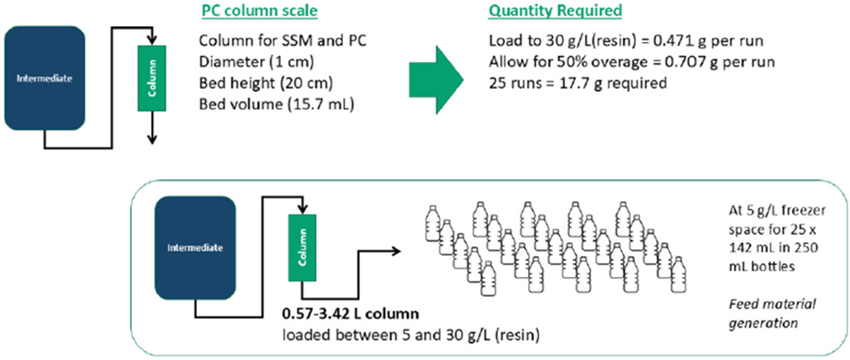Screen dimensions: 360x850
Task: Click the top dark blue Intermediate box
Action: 46,77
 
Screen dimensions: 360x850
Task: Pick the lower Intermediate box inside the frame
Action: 195,248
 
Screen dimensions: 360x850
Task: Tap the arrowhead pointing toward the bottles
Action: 397,250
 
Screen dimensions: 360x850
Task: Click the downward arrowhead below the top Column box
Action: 152,139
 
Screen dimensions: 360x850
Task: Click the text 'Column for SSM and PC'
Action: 283,41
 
